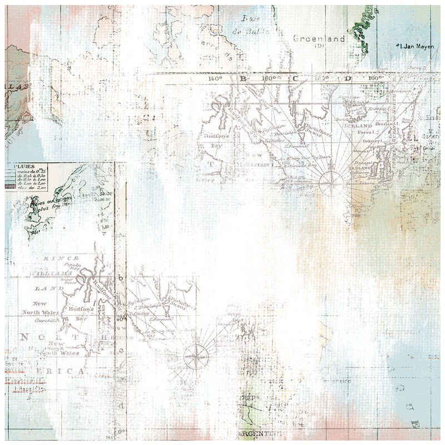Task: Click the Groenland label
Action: click(x=319, y=39)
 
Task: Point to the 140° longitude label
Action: click(x=216, y=79)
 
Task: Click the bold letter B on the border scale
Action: click(x=243, y=79)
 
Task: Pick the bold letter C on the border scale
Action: click(x=295, y=78)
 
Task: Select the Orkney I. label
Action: click(x=373, y=141)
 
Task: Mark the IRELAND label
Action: click(x=363, y=167)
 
